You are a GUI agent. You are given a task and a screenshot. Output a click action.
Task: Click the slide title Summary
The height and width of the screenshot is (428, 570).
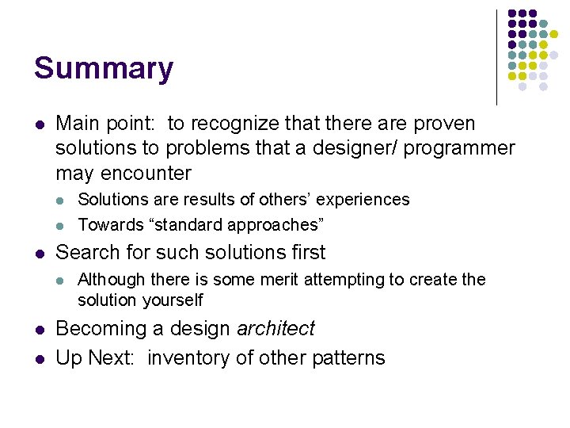[103, 69]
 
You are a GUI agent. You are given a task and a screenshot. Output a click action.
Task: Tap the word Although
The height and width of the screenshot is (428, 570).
[112, 280]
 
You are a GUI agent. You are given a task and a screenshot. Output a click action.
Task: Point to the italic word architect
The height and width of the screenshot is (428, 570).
[275, 328]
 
